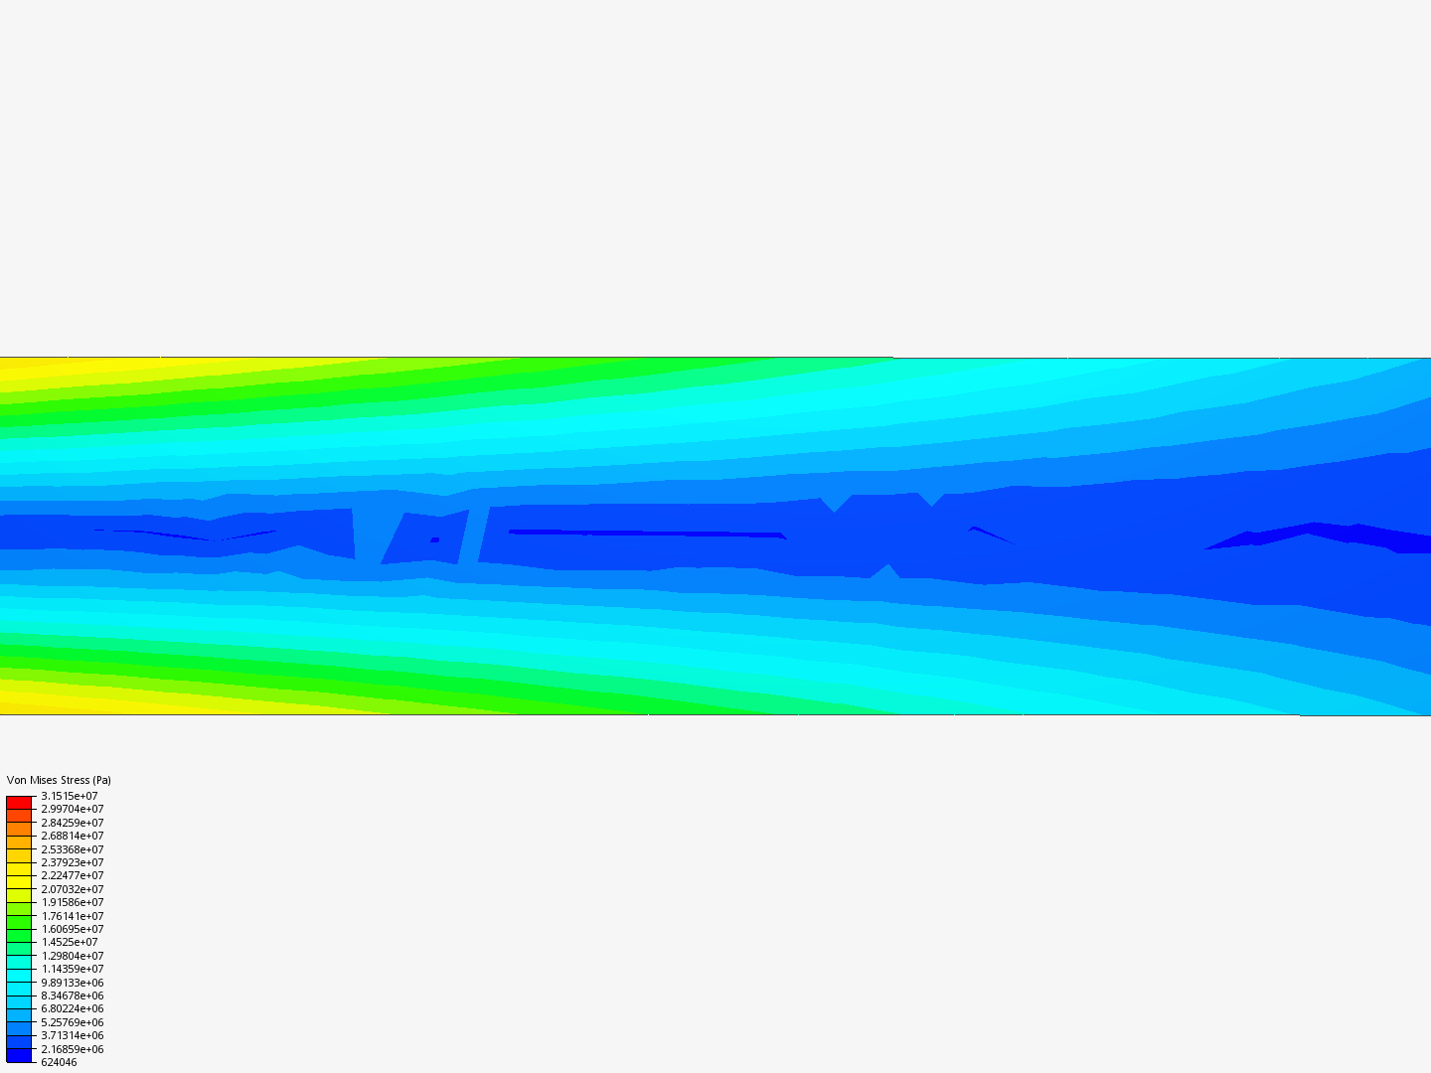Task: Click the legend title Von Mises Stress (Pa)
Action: [x=59, y=780]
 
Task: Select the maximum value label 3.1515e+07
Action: [x=70, y=796]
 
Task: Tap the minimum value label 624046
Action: [x=59, y=1062]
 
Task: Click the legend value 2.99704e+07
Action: [x=73, y=809]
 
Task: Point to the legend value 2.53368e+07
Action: [x=73, y=849]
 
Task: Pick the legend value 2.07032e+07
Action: [x=73, y=889]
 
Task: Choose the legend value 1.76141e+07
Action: [x=73, y=916]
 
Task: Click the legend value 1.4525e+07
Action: [x=70, y=942]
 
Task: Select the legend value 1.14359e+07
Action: [x=73, y=969]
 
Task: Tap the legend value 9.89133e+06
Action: [x=73, y=983]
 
